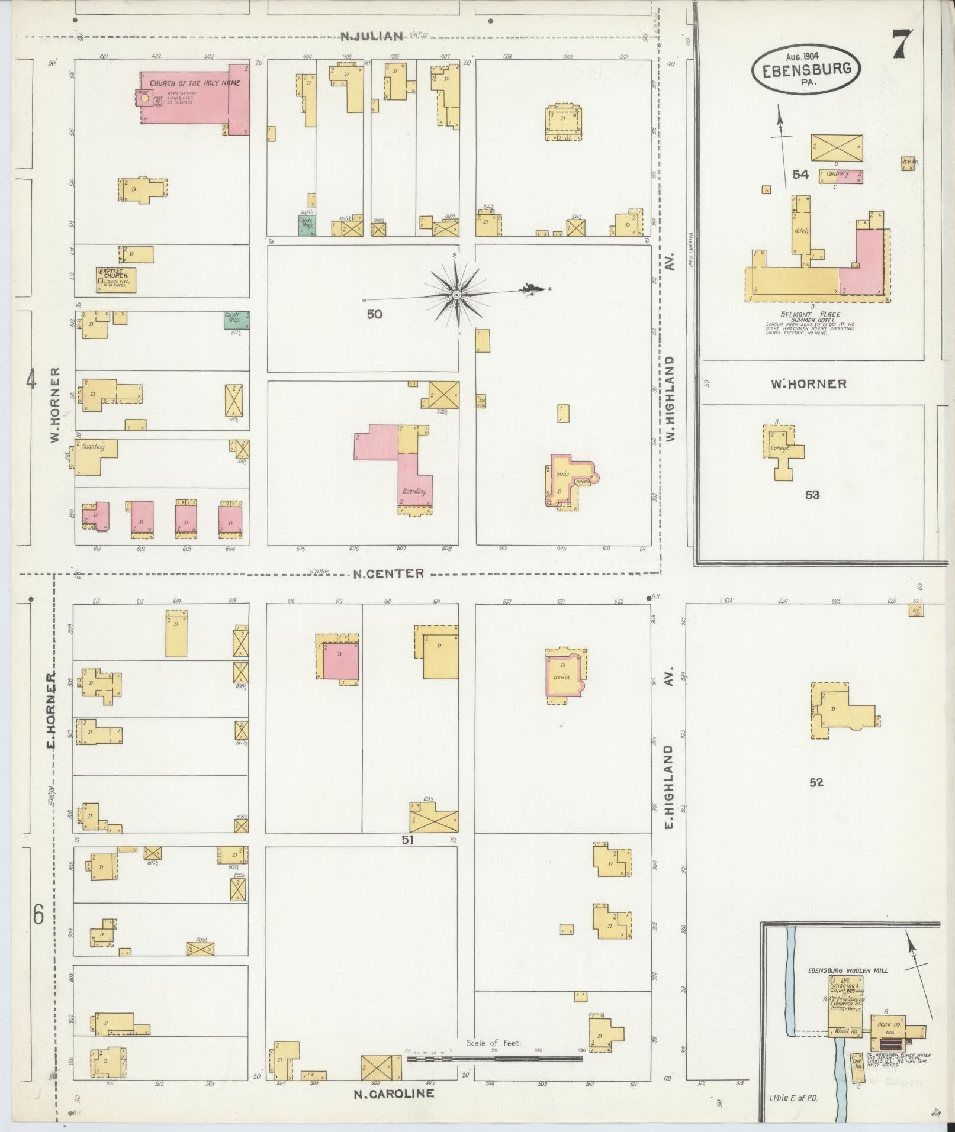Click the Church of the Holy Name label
click(194, 83)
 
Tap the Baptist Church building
click(116, 280)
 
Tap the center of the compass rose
click(456, 294)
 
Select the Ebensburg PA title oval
click(806, 69)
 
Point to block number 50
click(374, 314)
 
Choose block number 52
click(816, 782)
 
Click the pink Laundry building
click(841, 176)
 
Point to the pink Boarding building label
click(414, 491)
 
